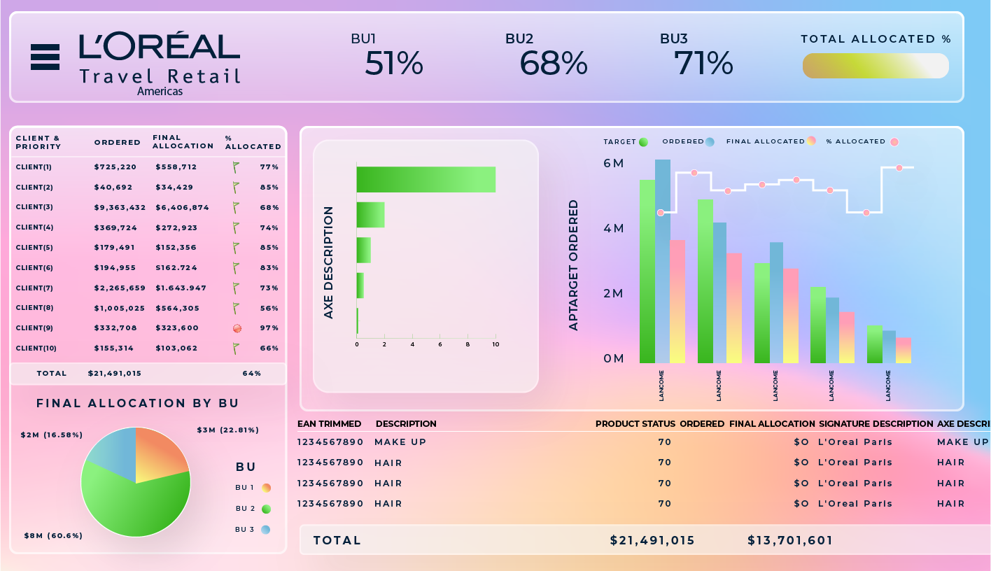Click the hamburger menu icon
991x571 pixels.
[45, 57]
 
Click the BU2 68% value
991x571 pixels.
[553, 64]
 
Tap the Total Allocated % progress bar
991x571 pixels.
[875, 66]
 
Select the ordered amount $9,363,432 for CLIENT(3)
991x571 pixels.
[120, 207]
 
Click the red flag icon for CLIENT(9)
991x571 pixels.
[237, 328]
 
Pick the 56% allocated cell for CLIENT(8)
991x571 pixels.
[269, 308]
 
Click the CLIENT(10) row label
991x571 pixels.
[36, 348]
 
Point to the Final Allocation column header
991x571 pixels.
[183, 142]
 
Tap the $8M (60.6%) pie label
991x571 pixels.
[53, 535]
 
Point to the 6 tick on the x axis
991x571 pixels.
[440, 344]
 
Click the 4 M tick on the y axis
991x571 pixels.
[613, 229]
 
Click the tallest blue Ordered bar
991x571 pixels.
[662, 259]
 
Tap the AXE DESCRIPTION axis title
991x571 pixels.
[329, 262]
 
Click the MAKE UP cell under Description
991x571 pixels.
[400, 442]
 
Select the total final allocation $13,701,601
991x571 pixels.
[790, 540]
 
